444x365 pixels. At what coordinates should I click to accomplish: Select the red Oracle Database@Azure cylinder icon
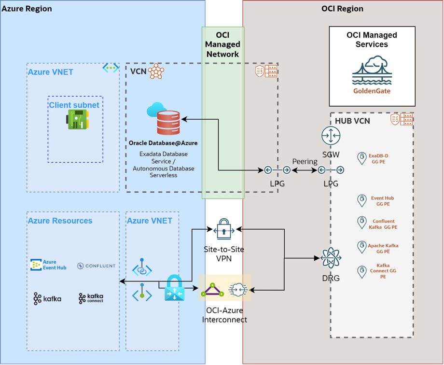168,123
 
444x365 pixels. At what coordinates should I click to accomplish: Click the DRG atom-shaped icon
331,258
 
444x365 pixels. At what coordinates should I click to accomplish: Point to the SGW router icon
331,136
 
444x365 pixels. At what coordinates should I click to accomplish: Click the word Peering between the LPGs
305,161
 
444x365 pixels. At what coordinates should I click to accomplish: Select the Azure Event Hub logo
49,265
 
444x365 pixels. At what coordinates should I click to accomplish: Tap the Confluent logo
97,266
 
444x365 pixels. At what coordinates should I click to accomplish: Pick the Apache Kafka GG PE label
383,248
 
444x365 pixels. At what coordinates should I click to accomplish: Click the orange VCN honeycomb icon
156,71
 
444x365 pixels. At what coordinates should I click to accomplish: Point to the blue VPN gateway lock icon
174,289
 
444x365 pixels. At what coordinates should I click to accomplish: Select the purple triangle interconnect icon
213,289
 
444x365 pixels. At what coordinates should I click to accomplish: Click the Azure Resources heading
60,221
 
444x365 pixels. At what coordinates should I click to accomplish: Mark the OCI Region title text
342,9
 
